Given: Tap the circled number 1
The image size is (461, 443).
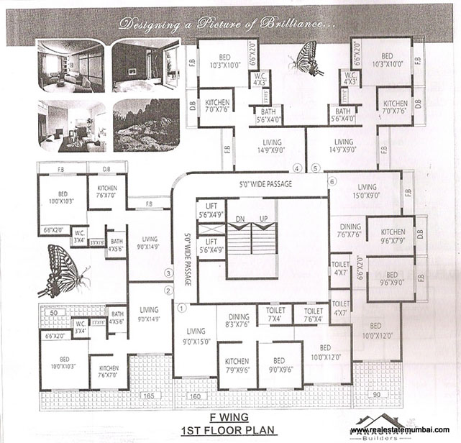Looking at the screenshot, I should point(181,307).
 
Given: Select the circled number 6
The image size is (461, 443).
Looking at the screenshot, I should point(332,182).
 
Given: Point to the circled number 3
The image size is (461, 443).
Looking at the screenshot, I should point(168,273).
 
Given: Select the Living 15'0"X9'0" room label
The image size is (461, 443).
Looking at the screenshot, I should point(362,190).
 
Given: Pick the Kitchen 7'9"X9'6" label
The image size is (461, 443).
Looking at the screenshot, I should point(237,366).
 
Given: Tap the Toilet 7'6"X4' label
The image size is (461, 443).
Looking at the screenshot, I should point(313,315).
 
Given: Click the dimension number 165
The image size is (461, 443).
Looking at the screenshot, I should point(148,396).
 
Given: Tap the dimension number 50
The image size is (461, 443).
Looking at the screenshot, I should point(52,314).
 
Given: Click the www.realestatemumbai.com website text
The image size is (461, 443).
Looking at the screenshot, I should point(404,430).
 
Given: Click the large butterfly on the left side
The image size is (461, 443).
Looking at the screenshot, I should point(65,270).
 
